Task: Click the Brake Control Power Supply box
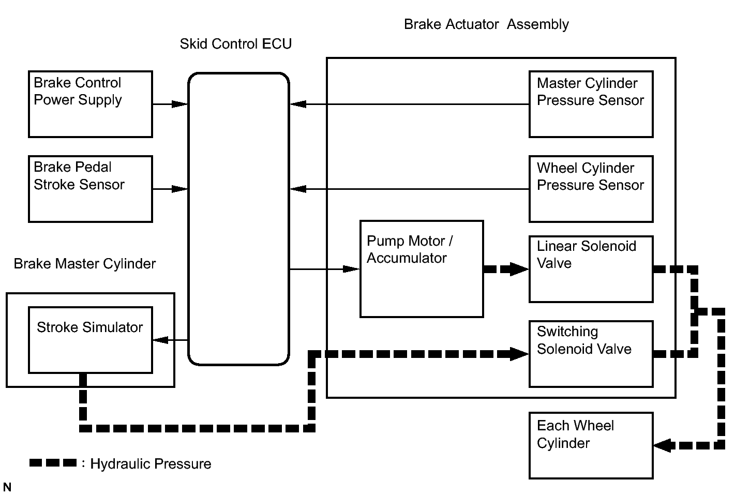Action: (90, 104)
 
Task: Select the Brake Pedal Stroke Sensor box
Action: (90, 189)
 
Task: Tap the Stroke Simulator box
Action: (90, 340)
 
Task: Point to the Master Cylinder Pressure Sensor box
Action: (591, 104)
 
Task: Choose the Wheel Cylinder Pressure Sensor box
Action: (591, 189)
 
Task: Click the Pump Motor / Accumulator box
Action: (422, 269)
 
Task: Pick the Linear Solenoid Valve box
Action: (591, 269)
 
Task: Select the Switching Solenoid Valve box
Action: (591, 354)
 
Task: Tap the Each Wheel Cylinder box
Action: (591, 445)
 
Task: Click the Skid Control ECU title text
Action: (235, 44)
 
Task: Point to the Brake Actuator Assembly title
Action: (486, 24)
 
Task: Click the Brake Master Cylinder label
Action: (84, 264)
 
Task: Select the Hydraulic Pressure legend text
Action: (151, 464)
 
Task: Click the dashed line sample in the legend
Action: (53, 463)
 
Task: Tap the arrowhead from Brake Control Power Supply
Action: (179, 104)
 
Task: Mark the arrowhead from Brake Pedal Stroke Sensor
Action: (179, 189)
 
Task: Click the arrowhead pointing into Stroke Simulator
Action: (161, 340)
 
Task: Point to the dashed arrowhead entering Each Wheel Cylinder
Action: (663, 445)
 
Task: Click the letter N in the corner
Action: (7, 487)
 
